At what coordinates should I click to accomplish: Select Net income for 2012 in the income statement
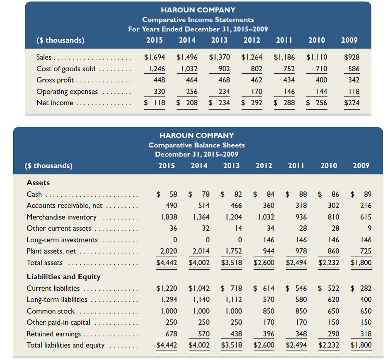tap(252, 102)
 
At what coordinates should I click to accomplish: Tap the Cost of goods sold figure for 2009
tap(354, 69)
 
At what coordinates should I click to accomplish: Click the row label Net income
tap(55, 103)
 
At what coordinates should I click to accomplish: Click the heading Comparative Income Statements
tap(198, 19)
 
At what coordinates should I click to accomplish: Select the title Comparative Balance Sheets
tap(196, 145)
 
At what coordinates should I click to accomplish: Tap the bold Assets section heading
tap(38, 183)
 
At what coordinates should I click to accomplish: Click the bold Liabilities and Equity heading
tap(63, 277)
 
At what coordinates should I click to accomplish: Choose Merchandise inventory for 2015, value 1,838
tap(165, 217)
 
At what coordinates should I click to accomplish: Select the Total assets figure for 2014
tap(199, 263)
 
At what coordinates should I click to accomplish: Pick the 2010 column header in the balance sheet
tap(329, 166)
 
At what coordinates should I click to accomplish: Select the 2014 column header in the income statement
tap(187, 40)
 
